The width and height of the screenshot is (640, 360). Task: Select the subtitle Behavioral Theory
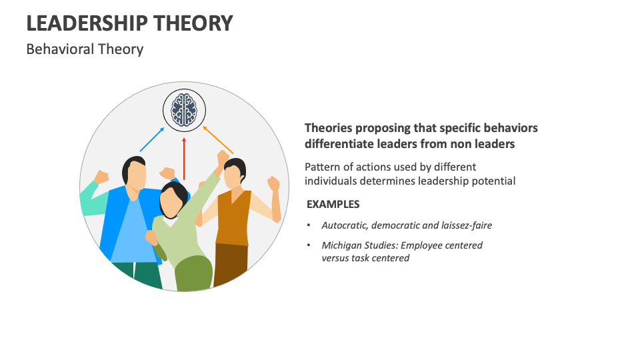click(85, 49)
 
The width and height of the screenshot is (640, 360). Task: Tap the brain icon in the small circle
click(184, 110)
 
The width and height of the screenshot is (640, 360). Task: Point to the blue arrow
click(151, 141)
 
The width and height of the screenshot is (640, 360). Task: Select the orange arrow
click(218, 139)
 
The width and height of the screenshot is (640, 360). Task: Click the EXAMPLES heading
click(333, 205)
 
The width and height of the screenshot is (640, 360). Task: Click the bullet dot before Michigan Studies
click(309, 245)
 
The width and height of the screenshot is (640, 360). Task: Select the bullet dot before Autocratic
click(309, 225)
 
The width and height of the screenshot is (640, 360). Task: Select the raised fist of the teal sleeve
click(101, 177)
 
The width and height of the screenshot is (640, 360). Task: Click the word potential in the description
click(493, 181)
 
